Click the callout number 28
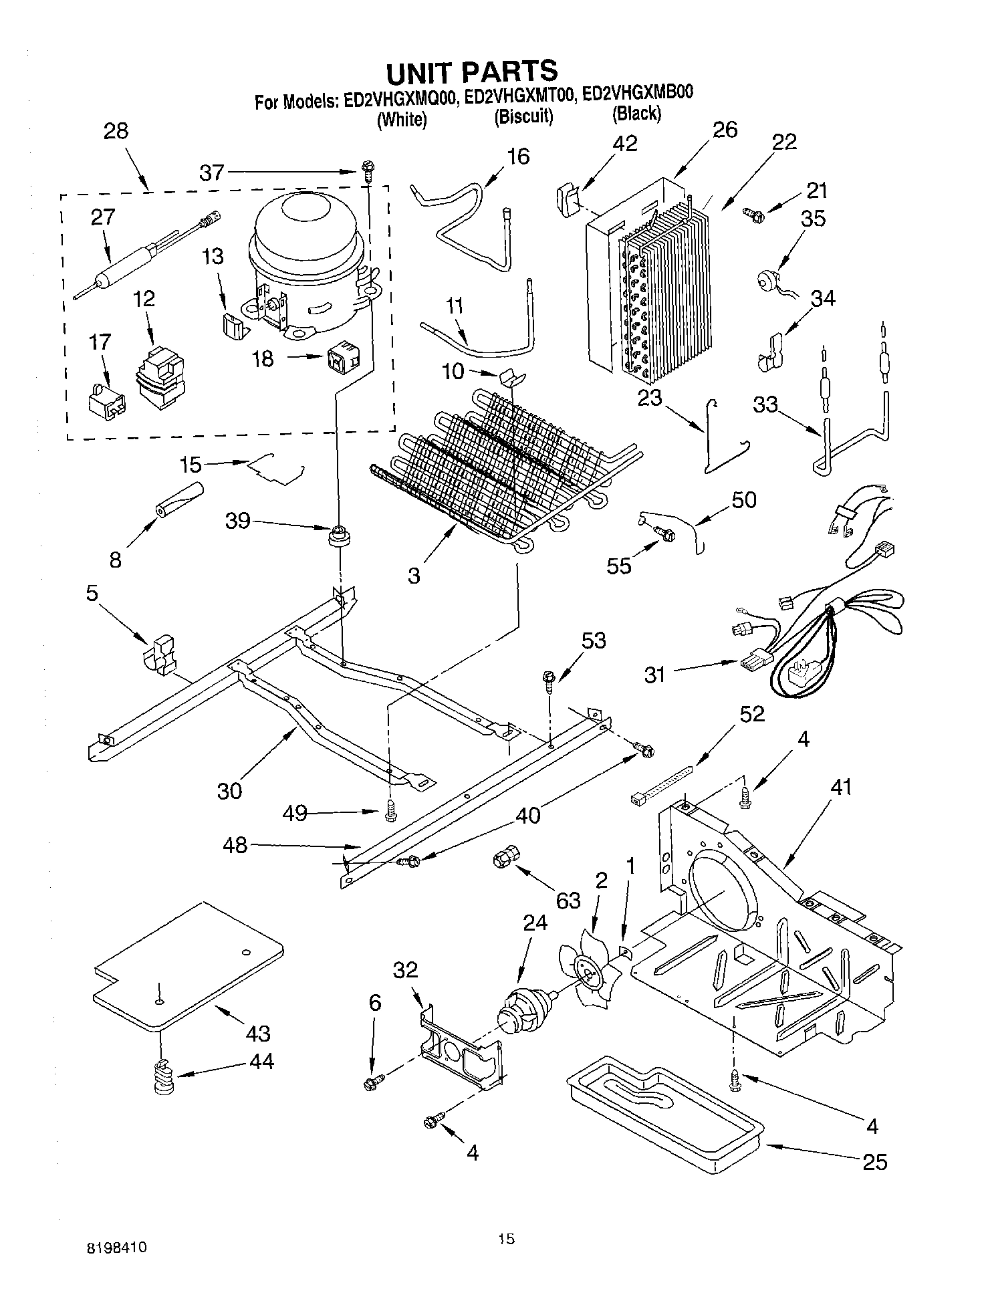click(116, 130)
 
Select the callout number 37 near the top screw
click(212, 172)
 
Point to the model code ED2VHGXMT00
click(519, 96)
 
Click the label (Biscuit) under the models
click(523, 116)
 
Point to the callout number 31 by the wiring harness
click(655, 675)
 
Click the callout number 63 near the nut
click(568, 901)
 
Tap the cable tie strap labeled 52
click(662, 786)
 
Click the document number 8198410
click(116, 1248)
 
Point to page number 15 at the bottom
click(506, 1239)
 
